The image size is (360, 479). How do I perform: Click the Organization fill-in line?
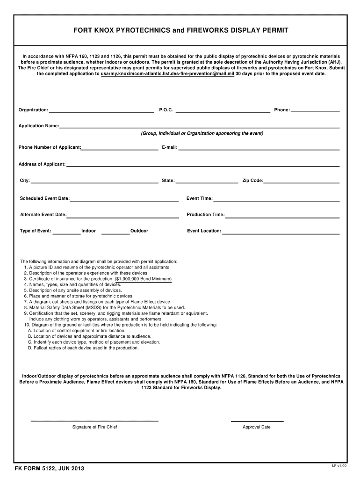[101, 111]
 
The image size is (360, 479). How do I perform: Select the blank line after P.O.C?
[223, 111]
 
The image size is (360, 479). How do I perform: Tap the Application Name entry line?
[199, 127]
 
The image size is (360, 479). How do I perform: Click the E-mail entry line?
[259, 149]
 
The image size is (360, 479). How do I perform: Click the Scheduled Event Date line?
[124, 200]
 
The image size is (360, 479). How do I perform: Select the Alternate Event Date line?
[123, 217]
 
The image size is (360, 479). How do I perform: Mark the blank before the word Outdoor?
[115, 232]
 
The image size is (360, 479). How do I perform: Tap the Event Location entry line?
[281, 232]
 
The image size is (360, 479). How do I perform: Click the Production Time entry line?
[282, 217]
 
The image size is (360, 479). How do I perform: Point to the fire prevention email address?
[167, 74]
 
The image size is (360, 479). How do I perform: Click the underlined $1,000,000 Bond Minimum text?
[143, 279]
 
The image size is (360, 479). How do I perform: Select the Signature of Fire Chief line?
[94, 421]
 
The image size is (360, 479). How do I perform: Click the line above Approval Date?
[257, 421]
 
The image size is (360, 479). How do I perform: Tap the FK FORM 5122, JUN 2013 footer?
[49, 469]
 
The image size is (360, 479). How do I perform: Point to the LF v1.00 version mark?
[339, 466]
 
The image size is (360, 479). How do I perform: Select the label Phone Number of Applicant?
[50, 147]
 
